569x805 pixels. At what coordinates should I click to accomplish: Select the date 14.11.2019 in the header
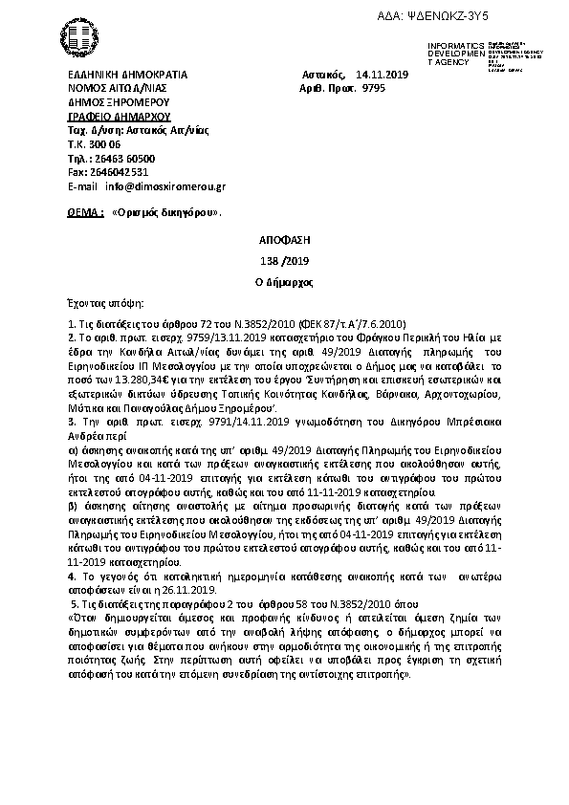[x=380, y=73]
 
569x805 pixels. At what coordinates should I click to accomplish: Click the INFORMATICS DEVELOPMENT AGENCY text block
[x=458, y=54]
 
